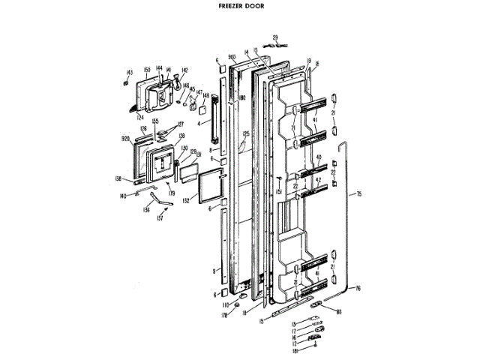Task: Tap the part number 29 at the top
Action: (274, 37)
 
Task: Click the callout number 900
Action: (232, 58)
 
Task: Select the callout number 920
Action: (126, 139)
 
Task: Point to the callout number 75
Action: (359, 195)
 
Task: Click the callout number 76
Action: (358, 287)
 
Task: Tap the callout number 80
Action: (338, 312)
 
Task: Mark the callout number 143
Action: (129, 72)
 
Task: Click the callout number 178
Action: (223, 316)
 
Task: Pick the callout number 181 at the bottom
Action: (295, 349)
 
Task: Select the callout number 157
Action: (160, 219)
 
